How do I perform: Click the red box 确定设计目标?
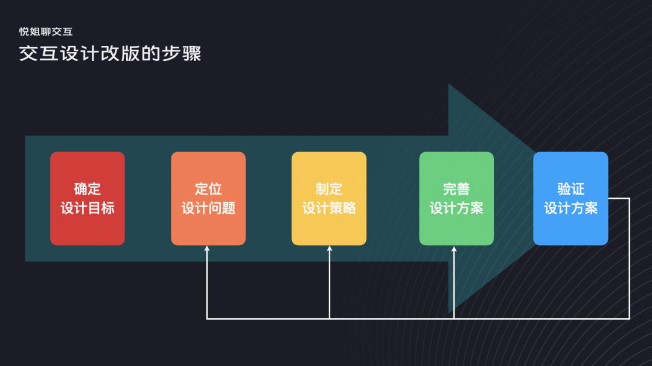click(88, 198)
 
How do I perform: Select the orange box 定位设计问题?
click(208, 198)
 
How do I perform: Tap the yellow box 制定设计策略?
click(329, 198)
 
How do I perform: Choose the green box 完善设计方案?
click(456, 198)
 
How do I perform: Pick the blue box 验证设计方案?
click(570, 198)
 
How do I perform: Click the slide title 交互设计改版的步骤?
click(110, 54)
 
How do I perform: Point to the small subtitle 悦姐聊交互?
click(46, 31)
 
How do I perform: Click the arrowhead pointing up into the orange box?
click(207, 249)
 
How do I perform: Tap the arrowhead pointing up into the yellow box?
click(330, 249)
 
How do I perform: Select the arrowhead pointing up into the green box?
click(454, 249)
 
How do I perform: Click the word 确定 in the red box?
click(88, 189)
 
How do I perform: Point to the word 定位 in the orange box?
click(208, 189)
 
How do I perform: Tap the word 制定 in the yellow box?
click(329, 189)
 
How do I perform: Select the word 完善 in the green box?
click(456, 189)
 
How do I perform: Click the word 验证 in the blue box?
click(570, 189)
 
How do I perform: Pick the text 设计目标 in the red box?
click(88, 208)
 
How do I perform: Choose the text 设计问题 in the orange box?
click(208, 208)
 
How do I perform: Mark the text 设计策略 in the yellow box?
click(329, 208)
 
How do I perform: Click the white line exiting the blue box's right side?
click(619, 198)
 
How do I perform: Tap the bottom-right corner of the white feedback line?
click(629, 318)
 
